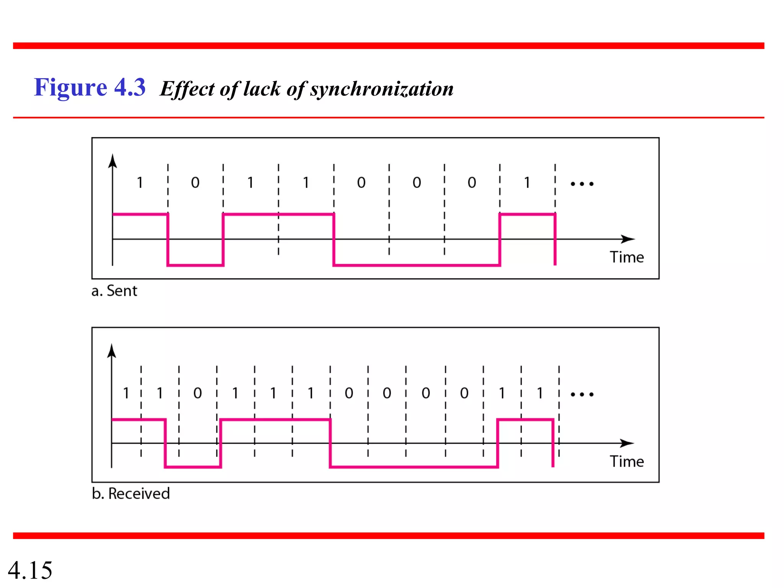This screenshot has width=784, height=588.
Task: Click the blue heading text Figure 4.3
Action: pyautogui.click(x=90, y=87)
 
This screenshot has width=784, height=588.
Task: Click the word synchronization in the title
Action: pyautogui.click(x=382, y=89)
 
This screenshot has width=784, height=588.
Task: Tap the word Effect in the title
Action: pyautogui.click(x=187, y=89)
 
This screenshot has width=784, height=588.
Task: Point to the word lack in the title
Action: pyautogui.click(x=262, y=89)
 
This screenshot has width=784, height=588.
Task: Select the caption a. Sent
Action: pyautogui.click(x=114, y=291)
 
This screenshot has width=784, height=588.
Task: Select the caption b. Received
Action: pyautogui.click(x=131, y=493)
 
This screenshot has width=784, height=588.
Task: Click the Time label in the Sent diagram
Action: pyautogui.click(x=627, y=257)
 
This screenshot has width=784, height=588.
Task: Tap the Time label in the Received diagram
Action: pyautogui.click(x=627, y=461)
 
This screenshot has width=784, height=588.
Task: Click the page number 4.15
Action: pyautogui.click(x=30, y=570)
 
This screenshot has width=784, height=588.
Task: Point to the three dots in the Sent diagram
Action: pyautogui.click(x=582, y=184)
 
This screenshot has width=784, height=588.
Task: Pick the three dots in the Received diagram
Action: pyautogui.click(x=582, y=394)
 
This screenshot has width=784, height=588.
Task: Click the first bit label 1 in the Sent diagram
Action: pyautogui.click(x=140, y=183)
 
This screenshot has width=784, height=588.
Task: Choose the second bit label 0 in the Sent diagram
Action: pyautogui.click(x=195, y=183)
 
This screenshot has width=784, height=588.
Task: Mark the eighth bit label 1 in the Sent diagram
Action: pyautogui.click(x=527, y=183)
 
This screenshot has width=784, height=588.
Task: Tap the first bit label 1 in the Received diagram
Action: pyautogui.click(x=126, y=393)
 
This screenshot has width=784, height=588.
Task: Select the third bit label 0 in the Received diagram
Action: pyautogui.click(x=198, y=393)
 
